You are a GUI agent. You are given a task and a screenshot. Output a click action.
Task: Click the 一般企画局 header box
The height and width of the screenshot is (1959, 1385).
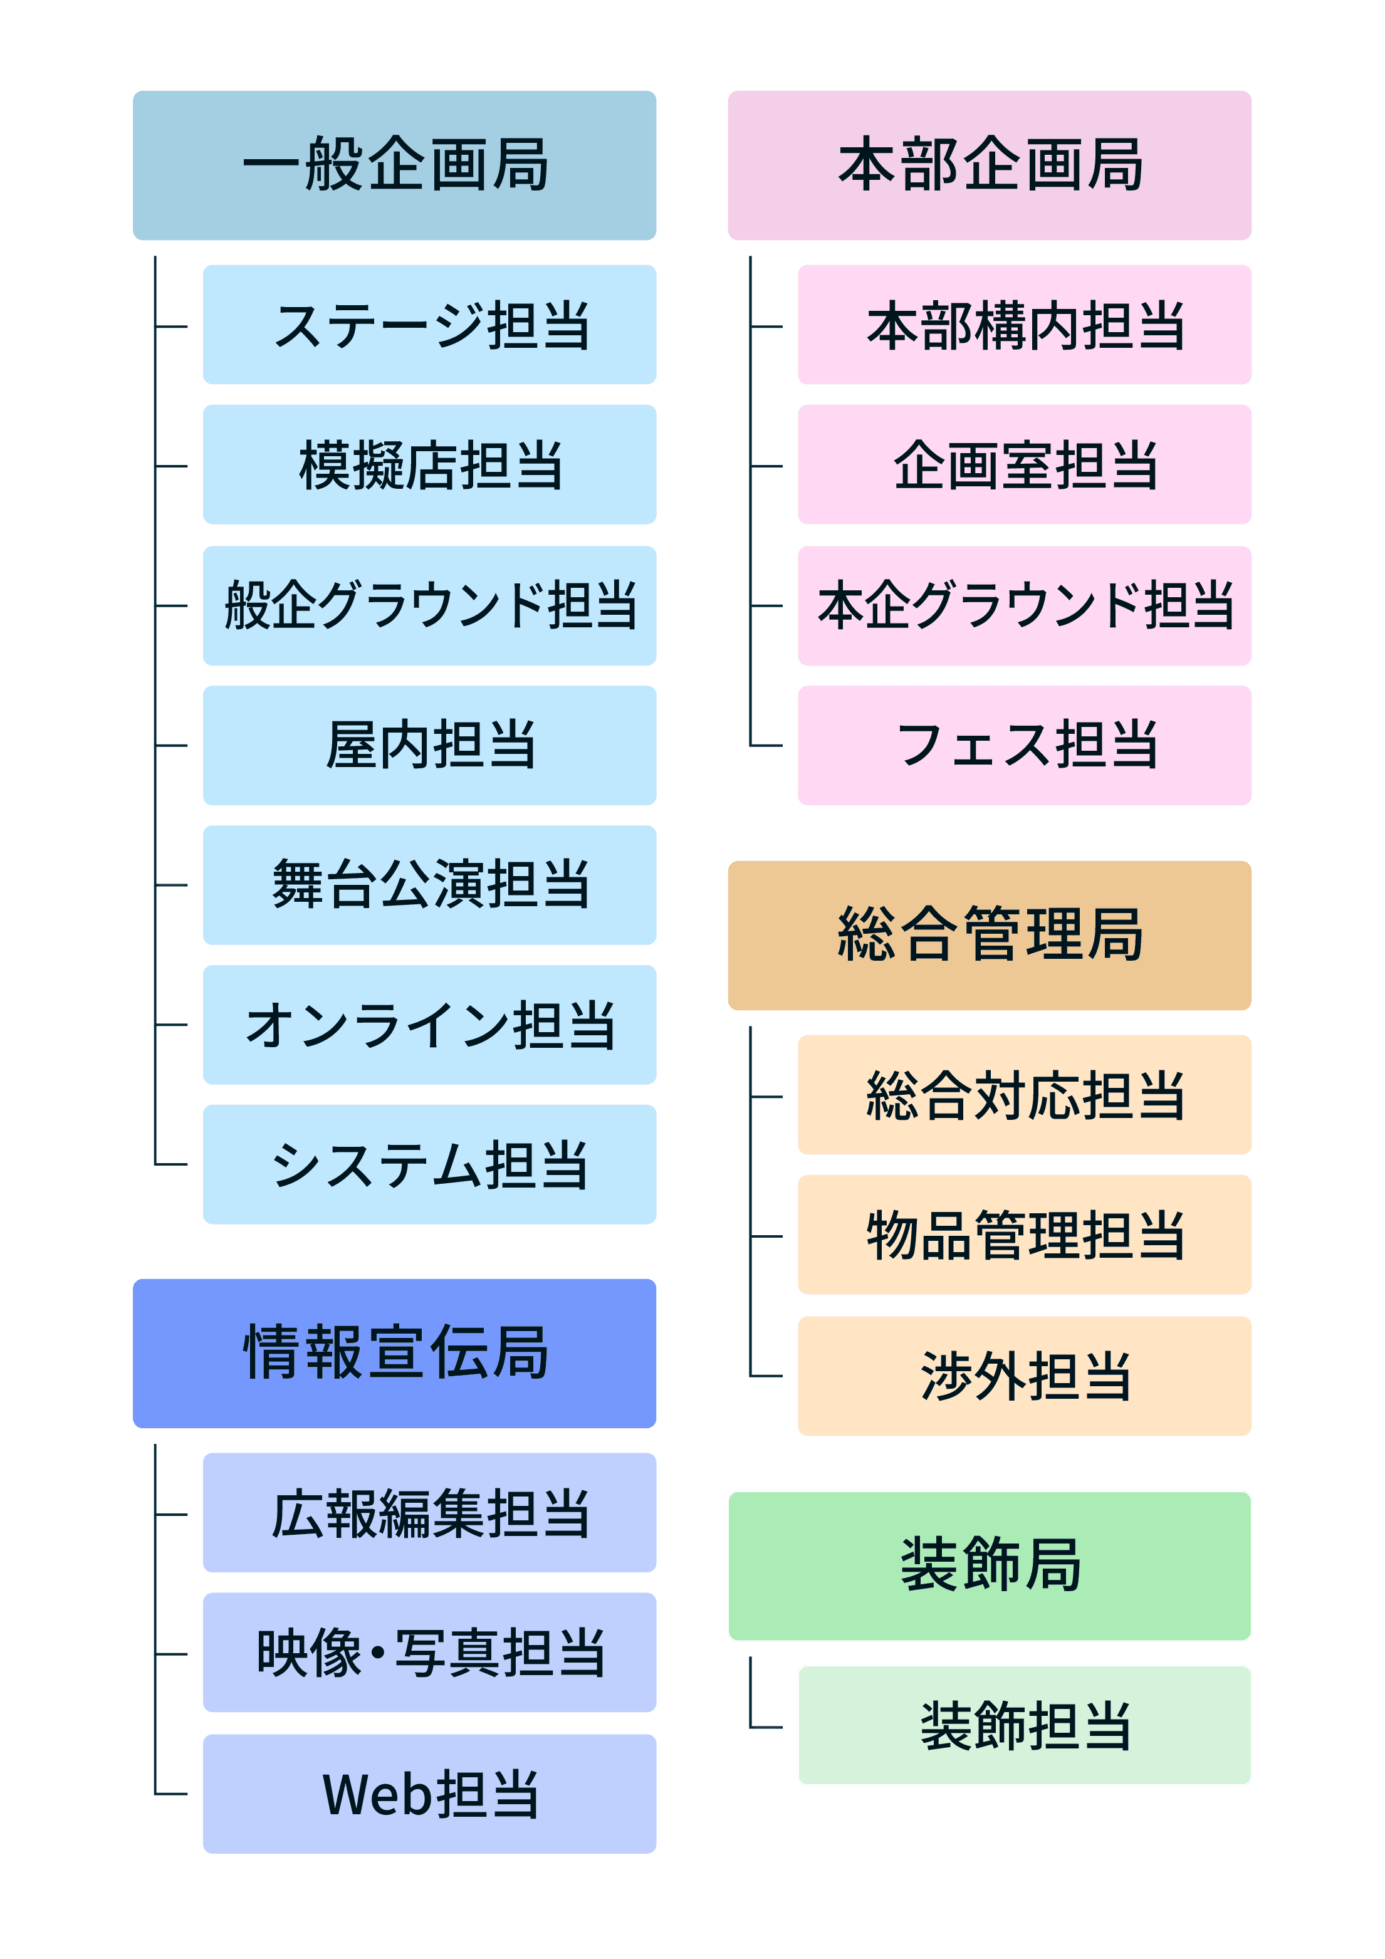click(x=394, y=165)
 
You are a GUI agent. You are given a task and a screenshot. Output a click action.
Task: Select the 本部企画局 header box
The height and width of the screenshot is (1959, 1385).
click(x=989, y=165)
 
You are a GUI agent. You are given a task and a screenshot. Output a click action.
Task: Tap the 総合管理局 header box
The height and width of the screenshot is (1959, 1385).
click(x=989, y=935)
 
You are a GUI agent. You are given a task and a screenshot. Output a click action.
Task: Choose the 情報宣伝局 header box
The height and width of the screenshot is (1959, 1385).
click(x=394, y=1353)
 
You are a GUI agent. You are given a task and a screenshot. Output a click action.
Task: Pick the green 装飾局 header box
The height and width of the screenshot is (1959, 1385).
click(x=989, y=1565)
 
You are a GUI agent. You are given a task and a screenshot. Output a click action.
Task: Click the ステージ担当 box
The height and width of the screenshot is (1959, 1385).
click(x=429, y=324)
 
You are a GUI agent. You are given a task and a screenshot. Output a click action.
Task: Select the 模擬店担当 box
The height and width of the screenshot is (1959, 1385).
click(x=429, y=465)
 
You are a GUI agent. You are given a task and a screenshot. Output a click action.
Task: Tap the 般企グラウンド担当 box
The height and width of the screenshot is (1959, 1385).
click(x=429, y=606)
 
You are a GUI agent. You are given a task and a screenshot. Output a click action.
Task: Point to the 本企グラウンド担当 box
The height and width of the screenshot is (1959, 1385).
click(x=1024, y=606)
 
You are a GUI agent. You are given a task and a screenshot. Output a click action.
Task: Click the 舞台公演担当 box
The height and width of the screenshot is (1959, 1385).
click(x=429, y=885)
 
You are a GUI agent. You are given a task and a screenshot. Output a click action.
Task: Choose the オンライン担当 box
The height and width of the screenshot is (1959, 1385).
click(x=429, y=1025)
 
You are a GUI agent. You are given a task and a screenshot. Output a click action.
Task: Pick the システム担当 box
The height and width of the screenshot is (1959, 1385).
click(x=429, y=1164)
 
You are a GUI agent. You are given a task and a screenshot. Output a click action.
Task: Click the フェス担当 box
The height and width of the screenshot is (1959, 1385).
click(x=1024, y=745)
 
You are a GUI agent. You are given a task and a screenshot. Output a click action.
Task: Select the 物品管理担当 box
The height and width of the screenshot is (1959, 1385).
click(x=1024, y=1235)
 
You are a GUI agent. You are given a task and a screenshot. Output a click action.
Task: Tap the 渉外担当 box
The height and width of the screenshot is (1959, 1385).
click(x=1024, y=1376)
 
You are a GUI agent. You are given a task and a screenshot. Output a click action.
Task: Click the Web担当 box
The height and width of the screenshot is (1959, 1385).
click(x=429, y=1794)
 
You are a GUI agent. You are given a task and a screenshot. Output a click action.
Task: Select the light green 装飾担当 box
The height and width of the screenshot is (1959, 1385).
click(x=1024, y=1725)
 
